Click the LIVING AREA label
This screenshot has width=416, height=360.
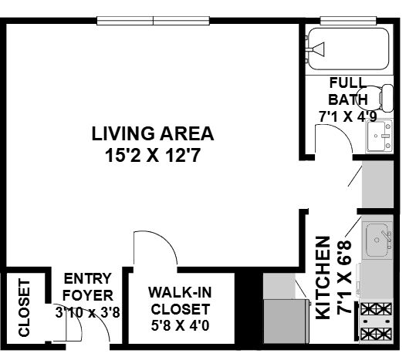click(153, 133)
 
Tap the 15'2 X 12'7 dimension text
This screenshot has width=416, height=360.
click(153, 155)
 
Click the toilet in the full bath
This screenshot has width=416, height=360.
click(374, 98)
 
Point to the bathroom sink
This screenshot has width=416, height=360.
click(380, 136)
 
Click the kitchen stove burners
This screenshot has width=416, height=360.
click(376, 321)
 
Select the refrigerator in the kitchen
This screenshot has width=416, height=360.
click(286, 321)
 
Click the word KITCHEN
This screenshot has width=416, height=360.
click(323, 278)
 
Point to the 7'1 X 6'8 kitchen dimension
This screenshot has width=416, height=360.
click(344, 278)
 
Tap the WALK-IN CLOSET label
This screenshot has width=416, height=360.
click(181, 301)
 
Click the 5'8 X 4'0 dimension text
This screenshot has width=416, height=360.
click(181, 325)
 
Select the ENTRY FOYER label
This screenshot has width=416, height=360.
click(87, 287)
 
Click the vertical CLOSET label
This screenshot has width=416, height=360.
click(24, 308)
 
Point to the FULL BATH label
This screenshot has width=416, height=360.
click(348, 91)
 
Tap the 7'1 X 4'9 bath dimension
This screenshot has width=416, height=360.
click(348, 116)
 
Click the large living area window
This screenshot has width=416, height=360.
click(153, 21)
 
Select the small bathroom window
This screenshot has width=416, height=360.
click(348, 20)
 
